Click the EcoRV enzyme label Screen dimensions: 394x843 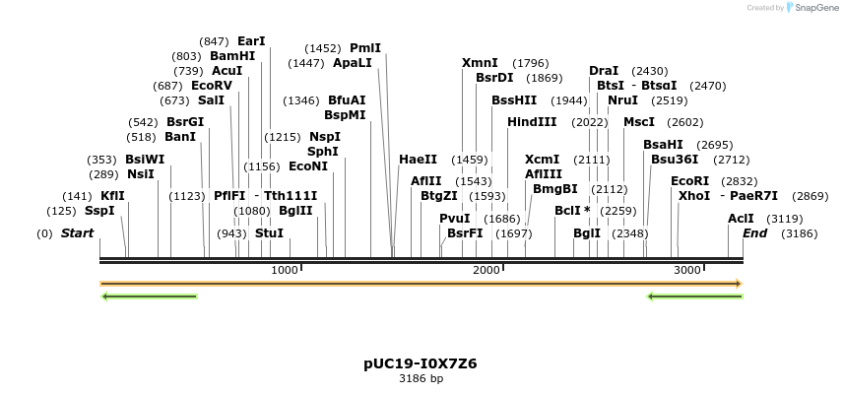(212, 86)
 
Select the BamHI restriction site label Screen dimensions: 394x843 (232, 56)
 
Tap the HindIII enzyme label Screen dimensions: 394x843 (532, 121)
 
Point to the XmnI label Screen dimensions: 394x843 (480, 63)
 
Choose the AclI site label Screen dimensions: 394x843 (741, 219)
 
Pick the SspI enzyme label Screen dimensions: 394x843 (99, 210)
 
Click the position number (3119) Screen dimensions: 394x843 (785, 219)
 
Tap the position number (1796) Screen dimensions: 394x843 (531, 63)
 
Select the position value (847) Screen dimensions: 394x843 (214, 41)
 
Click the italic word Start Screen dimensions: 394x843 (77, 233)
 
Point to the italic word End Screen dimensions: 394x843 (754, 233)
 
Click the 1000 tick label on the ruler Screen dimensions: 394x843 (284, 270)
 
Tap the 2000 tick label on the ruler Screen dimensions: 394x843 (486, 270)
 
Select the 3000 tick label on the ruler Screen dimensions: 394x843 (687, 270)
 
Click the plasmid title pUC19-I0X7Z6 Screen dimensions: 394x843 (421, 362)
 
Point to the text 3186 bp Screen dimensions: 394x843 (421, 378)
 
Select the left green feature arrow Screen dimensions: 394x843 (150, 295)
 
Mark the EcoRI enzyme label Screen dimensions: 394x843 (689, 180)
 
